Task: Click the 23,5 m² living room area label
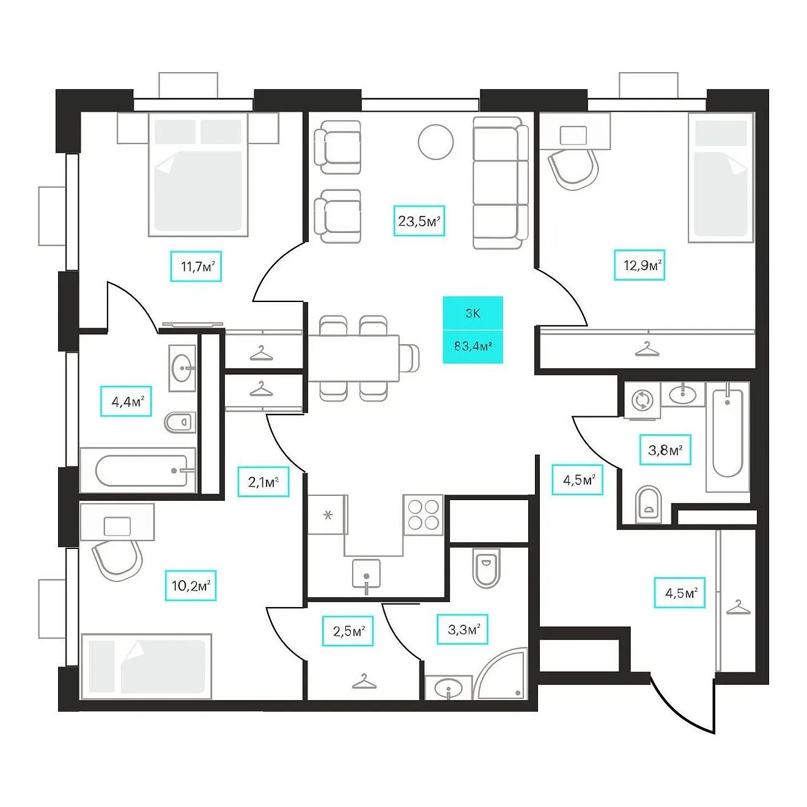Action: (419, 221)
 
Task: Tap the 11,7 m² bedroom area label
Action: (196, 266)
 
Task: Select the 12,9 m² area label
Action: (639, 265)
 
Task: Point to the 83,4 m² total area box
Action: (473, 346)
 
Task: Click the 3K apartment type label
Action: (473, 313)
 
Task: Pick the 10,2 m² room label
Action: (191, 586)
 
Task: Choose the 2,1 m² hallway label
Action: (263, 482)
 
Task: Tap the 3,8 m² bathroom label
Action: (665, 450)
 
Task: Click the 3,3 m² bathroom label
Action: (462, 629)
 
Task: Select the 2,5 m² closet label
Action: (348, 631)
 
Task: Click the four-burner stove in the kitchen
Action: (423, 515)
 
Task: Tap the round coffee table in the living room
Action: (435, 142)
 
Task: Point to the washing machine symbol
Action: (641, 400)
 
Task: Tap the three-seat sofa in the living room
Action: (501, 183)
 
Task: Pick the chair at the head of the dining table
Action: (410, 358)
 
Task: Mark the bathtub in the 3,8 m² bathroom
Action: (728, 437)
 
